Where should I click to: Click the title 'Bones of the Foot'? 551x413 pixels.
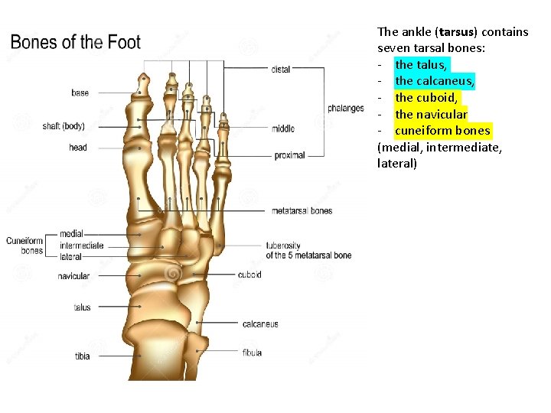[x=76, y=42]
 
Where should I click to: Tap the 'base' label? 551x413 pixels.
[x=80, y=93]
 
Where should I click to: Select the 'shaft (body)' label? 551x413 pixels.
[x=64, y=126]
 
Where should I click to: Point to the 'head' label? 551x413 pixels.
[x=78, y=148]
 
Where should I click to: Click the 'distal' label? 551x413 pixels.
[x=281, y=69]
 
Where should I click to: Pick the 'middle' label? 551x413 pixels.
[x=282, y=128]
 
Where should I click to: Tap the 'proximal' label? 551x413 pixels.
[x=290, y=155]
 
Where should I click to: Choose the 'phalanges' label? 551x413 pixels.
[x=346, y=109]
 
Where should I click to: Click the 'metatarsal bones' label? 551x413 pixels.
[x=302, y=210]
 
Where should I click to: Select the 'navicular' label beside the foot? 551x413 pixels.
[x=73, y=276]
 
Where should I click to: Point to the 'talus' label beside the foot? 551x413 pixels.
[x=82, y=307]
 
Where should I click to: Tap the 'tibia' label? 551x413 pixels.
[x=82, y=356]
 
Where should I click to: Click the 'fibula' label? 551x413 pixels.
[x=252, y=353]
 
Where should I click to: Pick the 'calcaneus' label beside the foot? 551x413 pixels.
[x=260, y=324]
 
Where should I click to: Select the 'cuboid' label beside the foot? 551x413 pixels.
[x=249, y=275]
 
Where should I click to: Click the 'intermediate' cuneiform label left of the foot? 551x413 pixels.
[x=82, y=246]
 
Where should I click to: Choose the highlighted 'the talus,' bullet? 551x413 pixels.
[x=422, y=65]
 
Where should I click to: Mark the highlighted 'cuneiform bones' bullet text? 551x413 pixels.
[x=442, y=131]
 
